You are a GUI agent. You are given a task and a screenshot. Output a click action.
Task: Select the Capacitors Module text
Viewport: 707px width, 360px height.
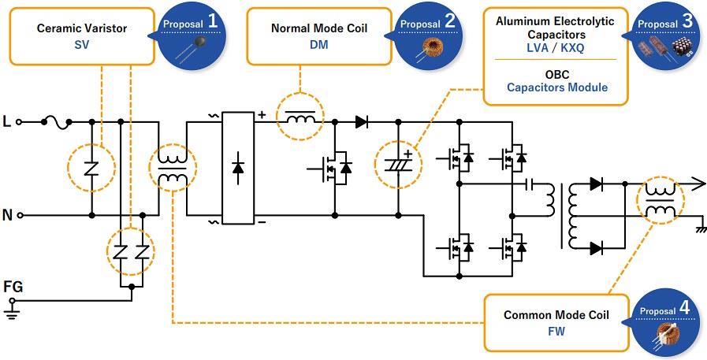(x=556, y=87)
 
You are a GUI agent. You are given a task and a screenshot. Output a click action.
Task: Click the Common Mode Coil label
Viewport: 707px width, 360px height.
(x=556, y=315)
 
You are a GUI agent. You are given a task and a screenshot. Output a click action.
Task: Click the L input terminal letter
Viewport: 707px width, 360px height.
(x=7, y=122)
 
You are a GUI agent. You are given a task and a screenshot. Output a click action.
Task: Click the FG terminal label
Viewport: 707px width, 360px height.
(x=13, y=287)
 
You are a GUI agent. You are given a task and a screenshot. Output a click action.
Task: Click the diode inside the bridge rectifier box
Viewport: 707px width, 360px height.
(x=239, y=169)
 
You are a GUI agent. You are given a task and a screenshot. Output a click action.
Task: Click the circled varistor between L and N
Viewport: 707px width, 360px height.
(x=91, y=169)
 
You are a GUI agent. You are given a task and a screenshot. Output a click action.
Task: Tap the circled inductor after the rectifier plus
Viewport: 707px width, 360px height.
(x=300, y=120)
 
